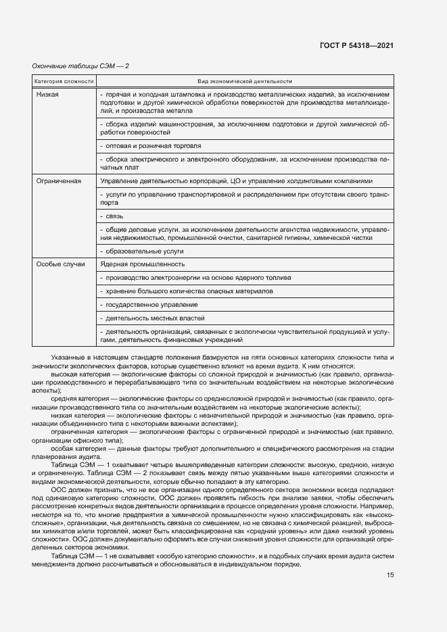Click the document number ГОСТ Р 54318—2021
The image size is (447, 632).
356,45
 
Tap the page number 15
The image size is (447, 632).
390,575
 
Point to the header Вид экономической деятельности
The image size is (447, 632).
244,81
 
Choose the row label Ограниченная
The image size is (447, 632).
59,181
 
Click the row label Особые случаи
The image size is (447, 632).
60,264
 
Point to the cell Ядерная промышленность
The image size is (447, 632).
142,264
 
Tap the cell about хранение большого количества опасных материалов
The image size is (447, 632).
186,291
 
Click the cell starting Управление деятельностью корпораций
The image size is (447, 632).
236,181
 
